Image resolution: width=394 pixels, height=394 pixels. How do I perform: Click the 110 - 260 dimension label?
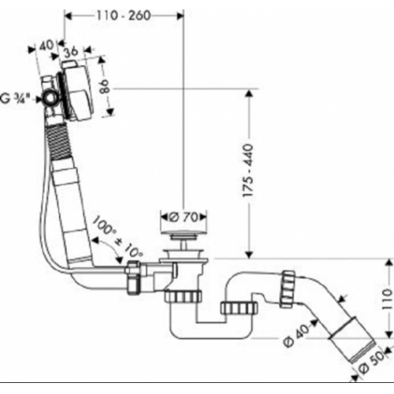tap(124, 16)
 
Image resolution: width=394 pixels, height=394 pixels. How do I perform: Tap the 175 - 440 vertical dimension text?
tap(248, 170)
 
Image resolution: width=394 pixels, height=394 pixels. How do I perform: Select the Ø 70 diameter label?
tap(184, 217)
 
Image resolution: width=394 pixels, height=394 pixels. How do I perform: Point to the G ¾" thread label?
tap(15, 99)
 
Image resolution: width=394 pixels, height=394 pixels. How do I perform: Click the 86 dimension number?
tap(105, 87)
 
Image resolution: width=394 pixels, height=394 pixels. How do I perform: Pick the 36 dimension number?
tap(71, 52)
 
